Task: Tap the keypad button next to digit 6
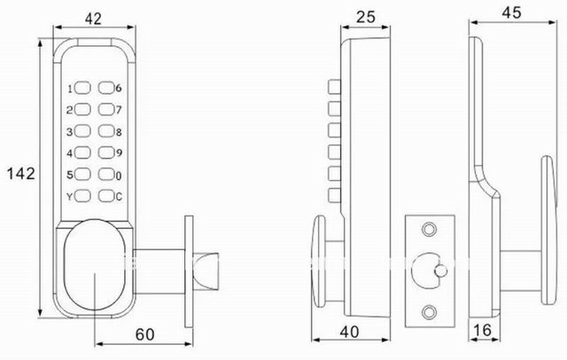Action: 106,90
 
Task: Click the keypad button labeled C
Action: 106,195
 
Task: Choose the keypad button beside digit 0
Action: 106,174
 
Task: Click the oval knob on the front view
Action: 95,266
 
